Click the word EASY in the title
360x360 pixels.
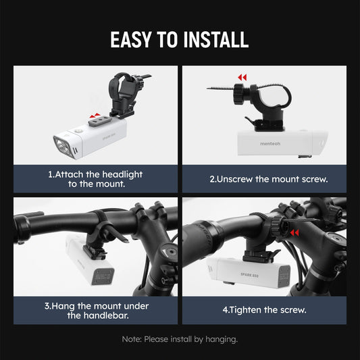(131, 39)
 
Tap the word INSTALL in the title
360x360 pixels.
(216, 39)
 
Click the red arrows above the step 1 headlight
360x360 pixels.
(95, 115)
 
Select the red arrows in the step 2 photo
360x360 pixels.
(242, 78)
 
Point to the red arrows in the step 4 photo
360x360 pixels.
(294, 233)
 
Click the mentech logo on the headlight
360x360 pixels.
(270, 144)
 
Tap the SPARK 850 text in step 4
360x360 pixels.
(249, 275)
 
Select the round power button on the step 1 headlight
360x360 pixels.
(78, 130)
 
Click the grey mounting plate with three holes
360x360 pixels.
(100, 121)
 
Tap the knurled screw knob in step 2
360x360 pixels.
(239, 94)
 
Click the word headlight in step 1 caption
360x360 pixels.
(122, 174)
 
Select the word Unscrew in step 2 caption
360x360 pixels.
(234, 179)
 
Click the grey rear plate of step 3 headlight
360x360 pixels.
(103, 276)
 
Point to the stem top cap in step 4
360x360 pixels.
(337, 239)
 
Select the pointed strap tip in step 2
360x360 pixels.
(207, 88)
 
